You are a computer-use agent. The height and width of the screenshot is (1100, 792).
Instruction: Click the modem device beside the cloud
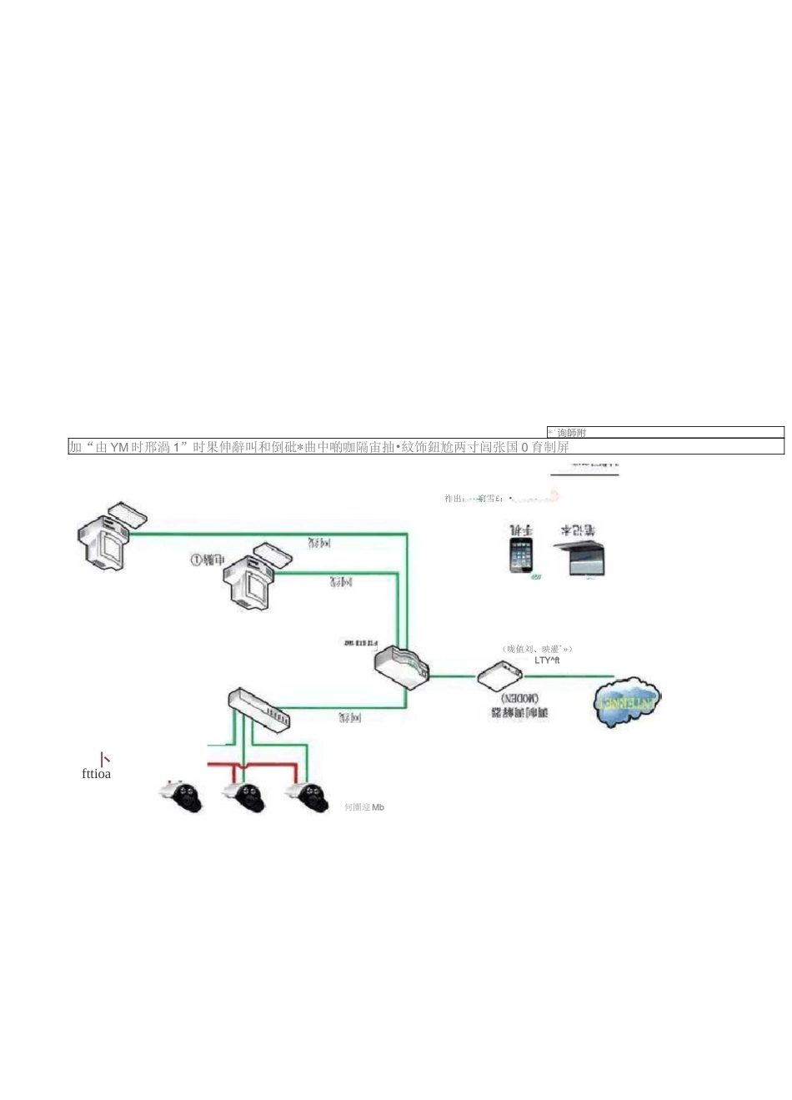499,675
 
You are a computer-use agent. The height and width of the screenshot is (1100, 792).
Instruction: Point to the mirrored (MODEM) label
519,698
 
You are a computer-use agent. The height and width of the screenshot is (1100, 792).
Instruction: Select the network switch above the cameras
258,708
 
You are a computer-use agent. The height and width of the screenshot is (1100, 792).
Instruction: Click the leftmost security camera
183,796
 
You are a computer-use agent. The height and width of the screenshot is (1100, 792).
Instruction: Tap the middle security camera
245,796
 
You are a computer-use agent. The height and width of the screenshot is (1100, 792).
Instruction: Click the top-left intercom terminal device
104,541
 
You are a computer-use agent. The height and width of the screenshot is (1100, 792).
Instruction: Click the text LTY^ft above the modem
547,661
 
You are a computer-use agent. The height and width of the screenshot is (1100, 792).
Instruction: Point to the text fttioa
96,774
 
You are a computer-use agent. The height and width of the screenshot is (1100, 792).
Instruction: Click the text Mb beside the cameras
378,807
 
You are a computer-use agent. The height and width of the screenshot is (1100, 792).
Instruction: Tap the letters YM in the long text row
119,448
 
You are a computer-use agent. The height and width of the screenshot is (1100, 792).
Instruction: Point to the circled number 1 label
196,560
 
